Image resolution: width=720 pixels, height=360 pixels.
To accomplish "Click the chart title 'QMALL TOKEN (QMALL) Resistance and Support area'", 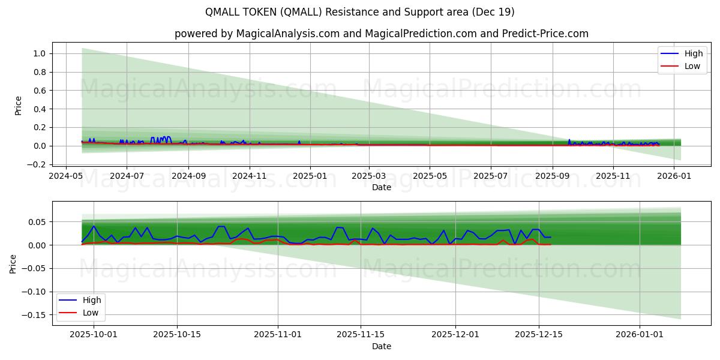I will point(359,12).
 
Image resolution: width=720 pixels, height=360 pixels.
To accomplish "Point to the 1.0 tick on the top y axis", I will point(39,53).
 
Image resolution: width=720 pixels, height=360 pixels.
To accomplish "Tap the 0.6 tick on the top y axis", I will point(39,91).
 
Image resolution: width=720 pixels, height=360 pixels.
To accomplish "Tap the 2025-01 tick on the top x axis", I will point(310,176).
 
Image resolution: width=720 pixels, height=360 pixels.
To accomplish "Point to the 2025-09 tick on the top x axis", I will point(552,176).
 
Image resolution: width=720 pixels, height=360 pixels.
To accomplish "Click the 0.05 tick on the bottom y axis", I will point(37,222).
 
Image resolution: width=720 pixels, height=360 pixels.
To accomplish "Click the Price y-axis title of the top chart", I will point(18,106).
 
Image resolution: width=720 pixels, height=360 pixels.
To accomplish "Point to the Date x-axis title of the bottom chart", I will point(381,346).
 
